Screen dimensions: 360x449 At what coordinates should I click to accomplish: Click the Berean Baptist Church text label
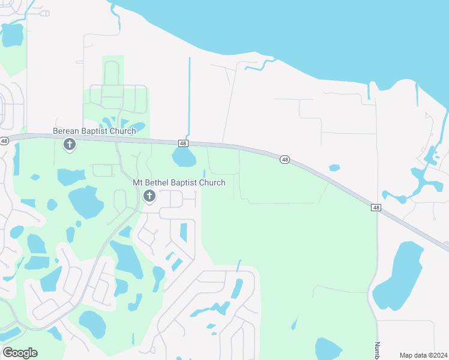(94, 131)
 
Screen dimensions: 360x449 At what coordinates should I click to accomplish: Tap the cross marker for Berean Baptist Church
(70, 144)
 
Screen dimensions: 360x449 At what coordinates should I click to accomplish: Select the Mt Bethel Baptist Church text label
(179, 182)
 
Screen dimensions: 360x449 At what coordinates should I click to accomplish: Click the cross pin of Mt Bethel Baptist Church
(149, 196)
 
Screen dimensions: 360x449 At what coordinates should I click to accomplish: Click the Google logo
(20, 352)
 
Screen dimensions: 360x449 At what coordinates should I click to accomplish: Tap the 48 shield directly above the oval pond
(183, 143)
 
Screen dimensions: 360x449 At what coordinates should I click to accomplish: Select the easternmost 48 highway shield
(376, 208)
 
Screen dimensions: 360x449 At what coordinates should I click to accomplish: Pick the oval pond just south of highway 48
(184, 157)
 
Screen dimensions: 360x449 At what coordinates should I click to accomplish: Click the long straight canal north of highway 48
(189, 96)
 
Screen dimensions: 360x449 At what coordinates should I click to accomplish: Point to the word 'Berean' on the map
(67, 131)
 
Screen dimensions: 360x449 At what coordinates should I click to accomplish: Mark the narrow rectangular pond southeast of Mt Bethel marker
(184, 232)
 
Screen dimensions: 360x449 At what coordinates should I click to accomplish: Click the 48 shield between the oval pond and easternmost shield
(285, 159)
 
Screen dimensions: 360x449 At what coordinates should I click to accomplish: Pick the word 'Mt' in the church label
(138, 182)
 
